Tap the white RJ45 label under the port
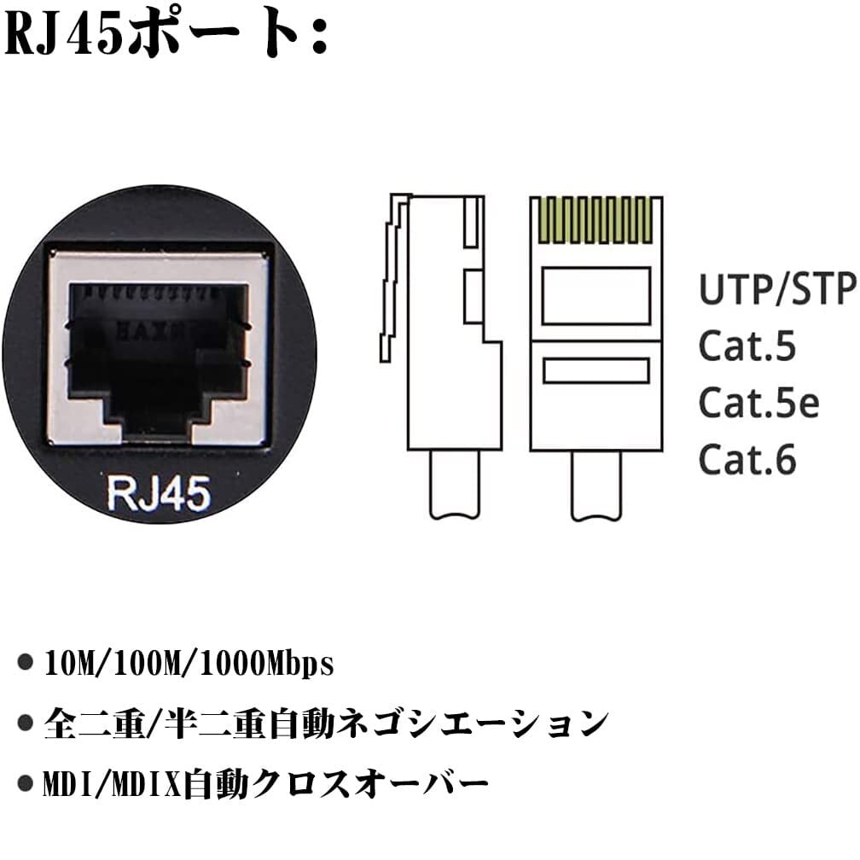coord(159,493)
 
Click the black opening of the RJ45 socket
coord(160,350)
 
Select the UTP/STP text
coord(776,290)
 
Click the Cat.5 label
coord(747,346)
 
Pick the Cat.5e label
coord(758,403)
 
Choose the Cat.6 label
coord(747,459)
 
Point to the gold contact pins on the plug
coord(596,220)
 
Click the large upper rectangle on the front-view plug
coord(596,295)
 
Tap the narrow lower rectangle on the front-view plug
coord(596,370)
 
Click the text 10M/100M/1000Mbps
coord(188,665)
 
